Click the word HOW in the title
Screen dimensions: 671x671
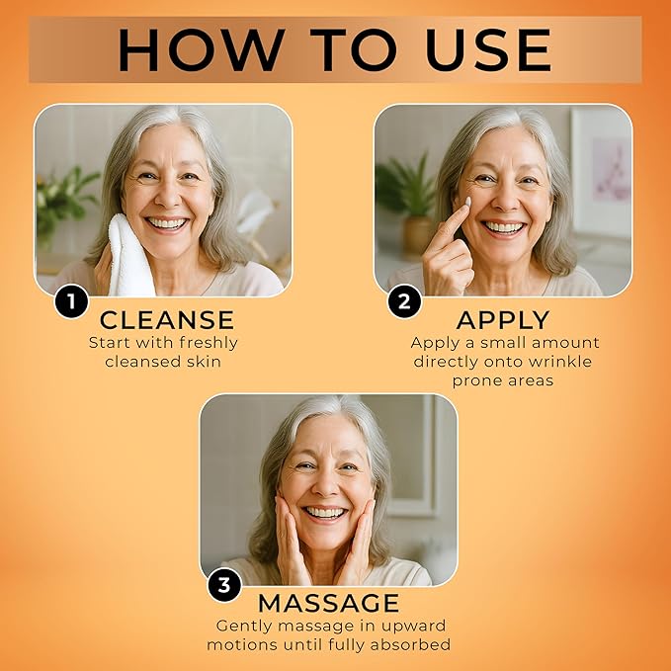pos(202,49)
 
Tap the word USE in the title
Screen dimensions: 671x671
pos(489,49)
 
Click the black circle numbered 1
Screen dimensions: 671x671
pos(71,301)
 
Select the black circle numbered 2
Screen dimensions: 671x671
pos(404,301)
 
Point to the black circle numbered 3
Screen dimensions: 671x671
pos(224,585)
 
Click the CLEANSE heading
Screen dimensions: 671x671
pos(167,320)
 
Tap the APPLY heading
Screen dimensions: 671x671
pos(503,320)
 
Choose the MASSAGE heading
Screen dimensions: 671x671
pos(329,604)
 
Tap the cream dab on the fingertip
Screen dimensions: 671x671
pos(467,201)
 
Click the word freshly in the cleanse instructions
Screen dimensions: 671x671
pos(209,343)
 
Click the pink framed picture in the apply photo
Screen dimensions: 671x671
pos(601,171)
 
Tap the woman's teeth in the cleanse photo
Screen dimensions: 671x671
pos(167,223)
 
